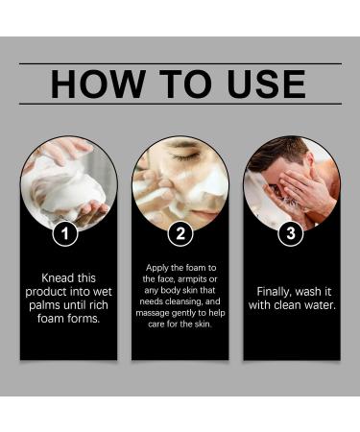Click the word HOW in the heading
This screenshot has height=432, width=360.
click(91, 84)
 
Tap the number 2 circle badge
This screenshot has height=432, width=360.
click(180, 232)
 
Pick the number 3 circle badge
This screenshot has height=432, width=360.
click(291, 232)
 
